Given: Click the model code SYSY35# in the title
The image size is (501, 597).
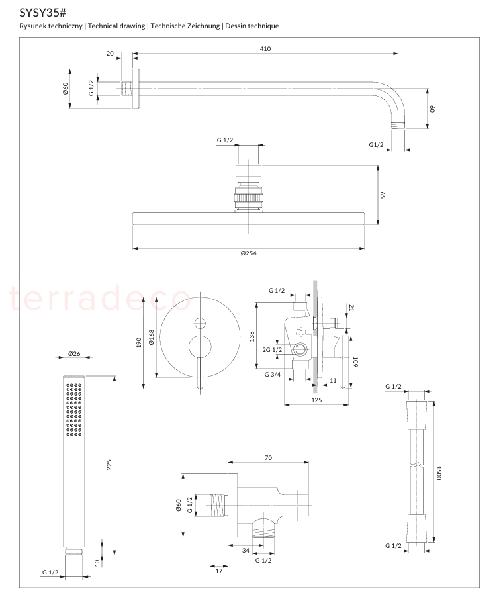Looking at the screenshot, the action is point(42,13).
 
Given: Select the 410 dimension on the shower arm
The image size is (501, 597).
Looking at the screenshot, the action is point(265,49).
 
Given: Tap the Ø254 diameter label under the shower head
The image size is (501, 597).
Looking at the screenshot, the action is point(249,253).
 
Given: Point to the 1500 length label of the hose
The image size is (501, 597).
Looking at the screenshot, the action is point(439,473).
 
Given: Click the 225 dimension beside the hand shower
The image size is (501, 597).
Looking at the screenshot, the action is point(109,465).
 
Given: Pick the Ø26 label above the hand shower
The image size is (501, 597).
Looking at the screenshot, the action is point(74,353).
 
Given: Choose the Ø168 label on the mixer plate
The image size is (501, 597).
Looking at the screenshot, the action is point(152,338).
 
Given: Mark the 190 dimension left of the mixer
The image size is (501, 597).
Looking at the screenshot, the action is point(138,342).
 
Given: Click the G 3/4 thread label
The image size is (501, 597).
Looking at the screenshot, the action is point(273,374).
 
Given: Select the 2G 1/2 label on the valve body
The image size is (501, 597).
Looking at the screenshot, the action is point(272,349).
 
